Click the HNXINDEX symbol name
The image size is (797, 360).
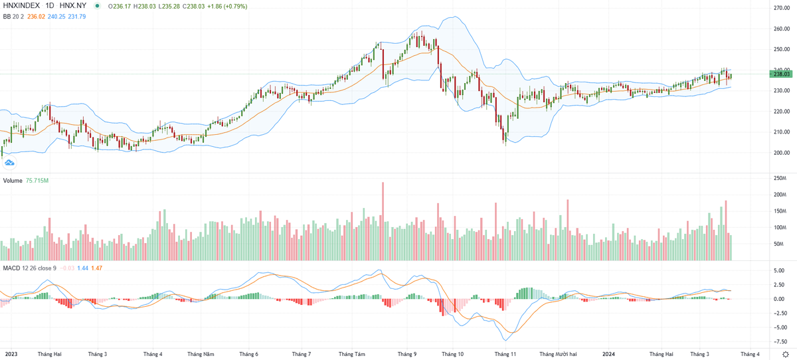click(x=21, y=6)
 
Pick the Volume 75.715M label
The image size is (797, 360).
click(x=27, y=181)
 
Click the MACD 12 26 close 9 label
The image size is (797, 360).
click(x=30, y=267)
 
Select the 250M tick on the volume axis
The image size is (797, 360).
click(x=780, y=179)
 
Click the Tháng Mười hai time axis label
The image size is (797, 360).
click(x=562, y=354)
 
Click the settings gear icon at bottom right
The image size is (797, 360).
click(x=785, y=354)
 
